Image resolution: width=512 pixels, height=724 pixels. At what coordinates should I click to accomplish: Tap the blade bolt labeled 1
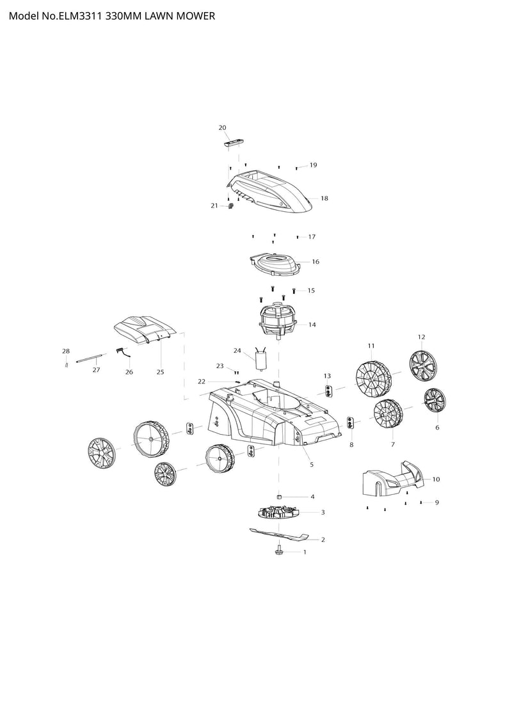pyautogui.click(x=279, y=550)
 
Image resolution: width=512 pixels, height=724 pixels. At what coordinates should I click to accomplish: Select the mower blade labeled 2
pyautogui.click(x=279, y=535)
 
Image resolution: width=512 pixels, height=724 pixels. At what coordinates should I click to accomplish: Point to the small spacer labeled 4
pyautogui.click(x=279, y=497)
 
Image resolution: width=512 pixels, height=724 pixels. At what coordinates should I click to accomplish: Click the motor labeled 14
pyautogui.click(x=278, y=321)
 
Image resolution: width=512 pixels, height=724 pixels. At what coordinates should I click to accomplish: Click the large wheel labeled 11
pyautogui.click(x=373, y=380)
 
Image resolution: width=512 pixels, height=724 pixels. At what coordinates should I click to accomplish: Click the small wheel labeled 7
pyautogui.click(x=388, y=414)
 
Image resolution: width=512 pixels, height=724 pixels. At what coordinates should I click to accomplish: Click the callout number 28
pyautogui.click(x=66, y=351)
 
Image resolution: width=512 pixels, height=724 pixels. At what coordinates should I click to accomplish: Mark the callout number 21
pyautogui.click(x=214, y=205)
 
